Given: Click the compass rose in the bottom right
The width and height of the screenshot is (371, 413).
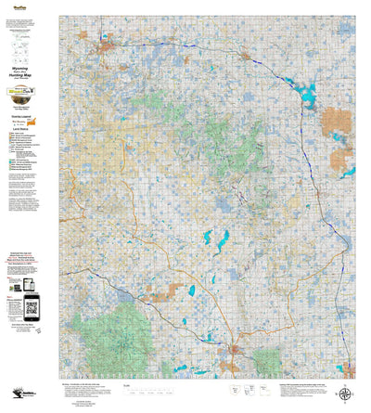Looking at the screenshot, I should tap(345, 394).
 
